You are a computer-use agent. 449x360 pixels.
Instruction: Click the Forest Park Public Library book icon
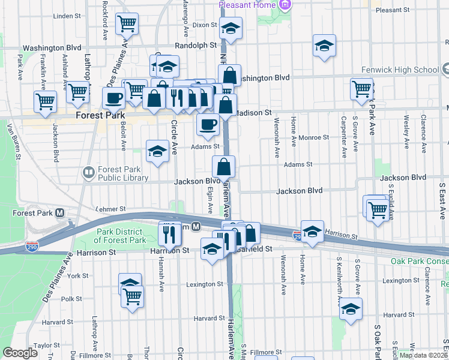(89, 173)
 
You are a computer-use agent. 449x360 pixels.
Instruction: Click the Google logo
(20, 353)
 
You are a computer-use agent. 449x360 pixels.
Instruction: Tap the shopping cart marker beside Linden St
(127, 24)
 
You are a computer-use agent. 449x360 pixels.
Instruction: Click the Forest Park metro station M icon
(60, 213)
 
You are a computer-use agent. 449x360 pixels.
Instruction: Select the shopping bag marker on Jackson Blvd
(223, 166)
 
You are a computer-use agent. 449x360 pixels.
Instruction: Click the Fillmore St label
(266, 352)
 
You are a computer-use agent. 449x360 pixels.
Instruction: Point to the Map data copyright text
(423, 355)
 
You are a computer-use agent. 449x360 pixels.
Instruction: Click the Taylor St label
(47, 346)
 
